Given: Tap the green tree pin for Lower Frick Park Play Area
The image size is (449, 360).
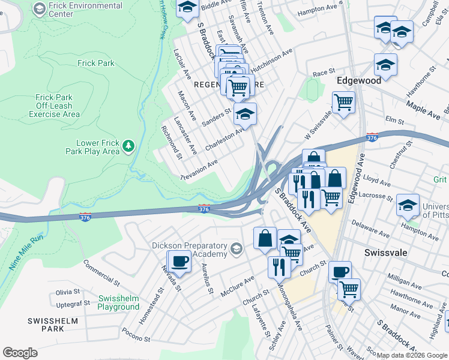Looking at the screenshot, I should tap(128, 146).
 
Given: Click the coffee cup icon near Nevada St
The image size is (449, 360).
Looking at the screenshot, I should tap(179, 262).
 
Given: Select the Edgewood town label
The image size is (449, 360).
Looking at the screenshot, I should tap(360, 79).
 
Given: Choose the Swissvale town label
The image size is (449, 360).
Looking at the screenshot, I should tap(386, 253).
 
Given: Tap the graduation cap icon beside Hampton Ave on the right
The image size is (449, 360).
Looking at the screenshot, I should tap(408, 206).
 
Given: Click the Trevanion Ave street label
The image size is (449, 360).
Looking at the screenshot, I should tap(199, 170).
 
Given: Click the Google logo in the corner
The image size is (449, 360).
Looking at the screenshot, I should tap(20, 353).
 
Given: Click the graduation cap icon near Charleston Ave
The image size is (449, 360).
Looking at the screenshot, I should tap(245, 114).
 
